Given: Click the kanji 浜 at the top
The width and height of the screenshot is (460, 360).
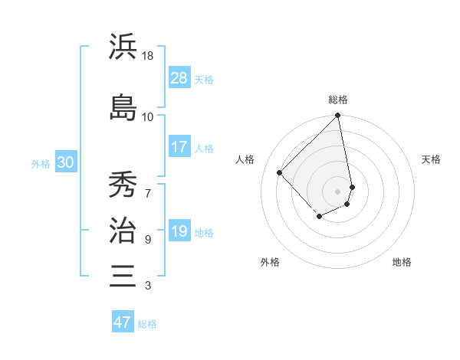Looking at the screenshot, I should click(123, 47).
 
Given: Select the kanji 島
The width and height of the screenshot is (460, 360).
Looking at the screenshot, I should click(123, 107).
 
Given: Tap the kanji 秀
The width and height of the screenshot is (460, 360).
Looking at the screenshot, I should click(123, 185).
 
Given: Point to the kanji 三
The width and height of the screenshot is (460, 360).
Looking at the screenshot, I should click(123, 275).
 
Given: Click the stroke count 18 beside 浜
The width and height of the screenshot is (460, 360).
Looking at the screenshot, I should click(148, 56).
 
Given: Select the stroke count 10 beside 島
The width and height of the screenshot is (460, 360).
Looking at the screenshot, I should click(148, 116).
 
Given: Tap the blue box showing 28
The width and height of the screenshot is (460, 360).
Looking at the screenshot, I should click(179, 78).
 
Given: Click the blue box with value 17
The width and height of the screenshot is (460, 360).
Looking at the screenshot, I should click(179, 147).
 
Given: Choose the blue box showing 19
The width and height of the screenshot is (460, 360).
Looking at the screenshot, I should click(179, 231).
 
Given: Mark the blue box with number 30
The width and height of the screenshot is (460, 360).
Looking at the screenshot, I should click(65, 162).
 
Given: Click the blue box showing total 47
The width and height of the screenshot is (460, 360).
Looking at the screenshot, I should click(123, 322).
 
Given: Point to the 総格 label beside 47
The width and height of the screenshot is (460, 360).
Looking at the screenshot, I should click(147, 324).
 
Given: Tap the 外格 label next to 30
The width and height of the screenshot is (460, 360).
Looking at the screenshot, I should click(41, 164).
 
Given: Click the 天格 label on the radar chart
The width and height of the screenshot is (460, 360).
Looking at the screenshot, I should click(432, 159).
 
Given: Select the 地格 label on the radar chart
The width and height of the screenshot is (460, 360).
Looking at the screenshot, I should click(402, 262).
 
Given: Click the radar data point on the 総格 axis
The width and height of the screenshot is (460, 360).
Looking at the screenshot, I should click(337, 116).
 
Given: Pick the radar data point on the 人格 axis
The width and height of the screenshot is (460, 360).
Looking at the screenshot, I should click(280, 172).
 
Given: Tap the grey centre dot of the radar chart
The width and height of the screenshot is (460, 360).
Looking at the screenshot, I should click(337, 191).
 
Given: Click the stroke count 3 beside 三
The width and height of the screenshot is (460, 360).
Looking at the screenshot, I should click(148, 286).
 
